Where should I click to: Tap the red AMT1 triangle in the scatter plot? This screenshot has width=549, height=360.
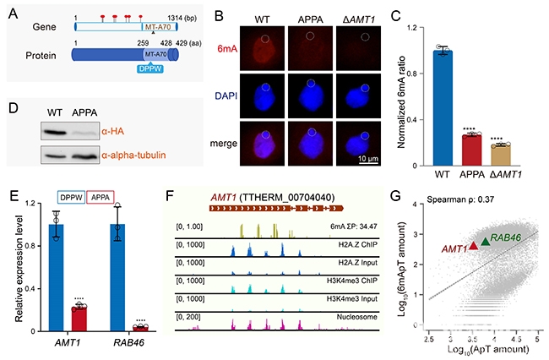(473, 245)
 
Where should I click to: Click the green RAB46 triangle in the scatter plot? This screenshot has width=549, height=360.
(485, 242)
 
